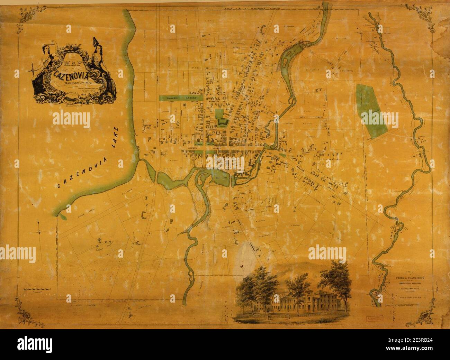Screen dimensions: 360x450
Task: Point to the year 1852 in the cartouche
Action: coord(73,93)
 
